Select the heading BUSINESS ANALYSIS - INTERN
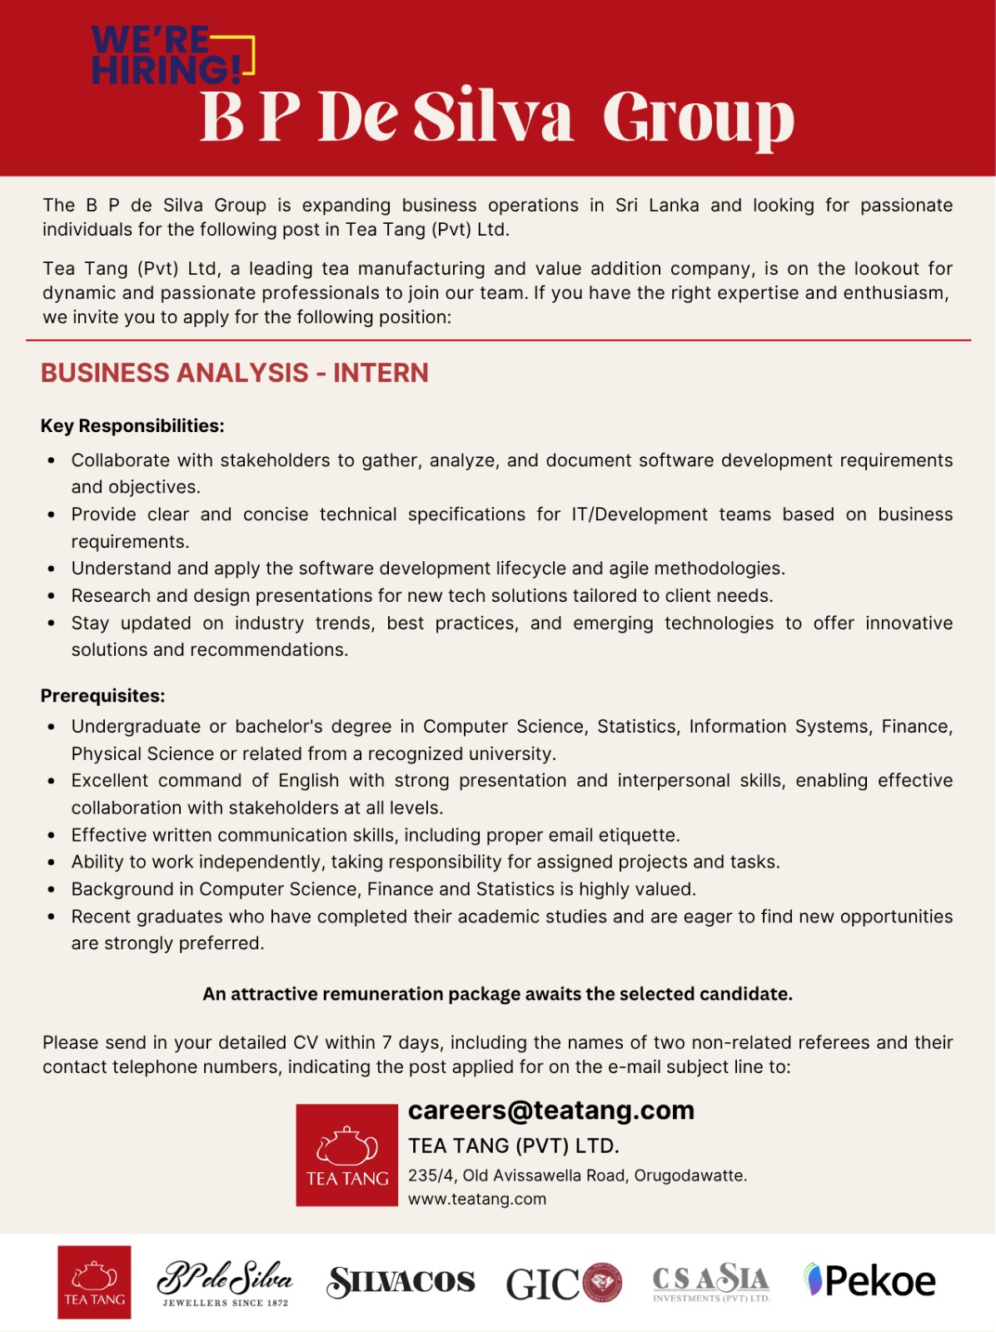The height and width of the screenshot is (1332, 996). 235,373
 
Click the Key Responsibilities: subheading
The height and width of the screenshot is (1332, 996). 132,426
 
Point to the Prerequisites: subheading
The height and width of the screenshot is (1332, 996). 102,696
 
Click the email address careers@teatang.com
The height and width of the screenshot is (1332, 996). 550,1111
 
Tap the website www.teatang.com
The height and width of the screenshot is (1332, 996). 476,1199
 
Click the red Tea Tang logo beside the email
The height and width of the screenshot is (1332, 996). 346,1156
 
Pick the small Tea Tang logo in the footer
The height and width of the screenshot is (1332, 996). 94,1282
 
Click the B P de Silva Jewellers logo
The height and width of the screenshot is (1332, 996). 225,1283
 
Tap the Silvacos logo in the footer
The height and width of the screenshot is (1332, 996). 401,1282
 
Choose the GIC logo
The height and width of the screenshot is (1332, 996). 563,1283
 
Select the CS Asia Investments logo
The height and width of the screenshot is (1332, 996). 711,1282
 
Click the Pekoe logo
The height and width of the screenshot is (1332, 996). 869,1281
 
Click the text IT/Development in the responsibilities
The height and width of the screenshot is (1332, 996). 639,514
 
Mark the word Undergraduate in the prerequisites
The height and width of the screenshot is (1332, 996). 136,727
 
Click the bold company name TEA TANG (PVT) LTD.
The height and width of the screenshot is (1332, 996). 513,1146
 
